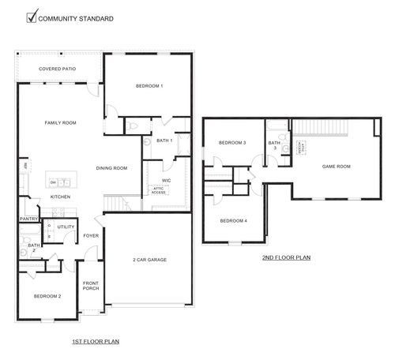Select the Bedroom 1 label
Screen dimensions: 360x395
coord(149,85)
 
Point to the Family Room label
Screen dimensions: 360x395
coord(60,122)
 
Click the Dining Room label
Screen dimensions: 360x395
coord(111,167)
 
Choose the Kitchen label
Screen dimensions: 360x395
coord(60,196)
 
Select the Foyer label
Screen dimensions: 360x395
coord(91,235)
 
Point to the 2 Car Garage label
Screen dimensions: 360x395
coord(149,260)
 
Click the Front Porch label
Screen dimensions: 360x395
coord(91,287)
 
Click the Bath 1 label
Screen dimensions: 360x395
coord(164,140)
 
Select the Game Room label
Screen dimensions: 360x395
coord(337,167)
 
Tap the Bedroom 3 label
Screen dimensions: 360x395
coord(232,142)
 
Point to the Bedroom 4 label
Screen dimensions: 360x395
coord(233,220)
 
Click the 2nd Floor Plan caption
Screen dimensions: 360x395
coord(285,257)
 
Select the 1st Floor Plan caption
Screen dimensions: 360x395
coord(95,341)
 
